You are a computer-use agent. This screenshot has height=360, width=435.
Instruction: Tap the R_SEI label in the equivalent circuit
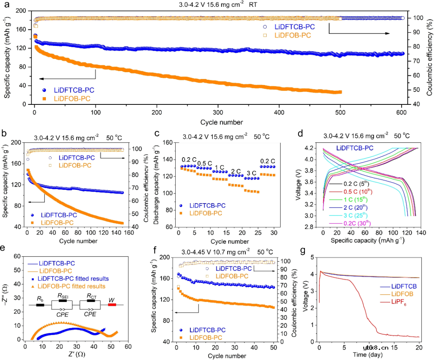(x=63, y=296)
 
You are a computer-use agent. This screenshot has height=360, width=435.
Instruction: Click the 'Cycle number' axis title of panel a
(x=220, y=122)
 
